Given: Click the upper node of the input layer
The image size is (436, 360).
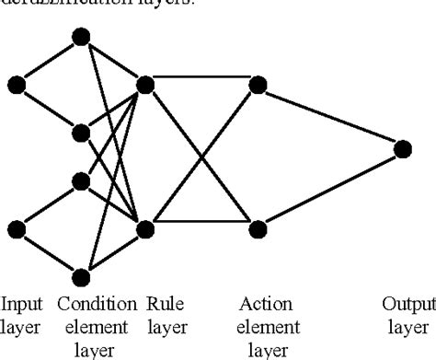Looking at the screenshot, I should click(17, 85).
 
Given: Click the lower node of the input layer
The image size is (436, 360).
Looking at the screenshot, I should click(17, 228).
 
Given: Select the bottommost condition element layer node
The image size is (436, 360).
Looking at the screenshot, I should click(81, 275).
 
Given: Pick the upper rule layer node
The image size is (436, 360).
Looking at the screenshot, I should click(144, 85).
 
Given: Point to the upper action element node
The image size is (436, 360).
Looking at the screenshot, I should click(258, 85).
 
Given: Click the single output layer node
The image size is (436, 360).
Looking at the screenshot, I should click(402, 147).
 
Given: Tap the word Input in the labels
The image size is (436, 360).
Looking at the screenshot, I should click(21, 304).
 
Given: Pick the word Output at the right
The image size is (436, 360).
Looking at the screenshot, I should click(409, 304).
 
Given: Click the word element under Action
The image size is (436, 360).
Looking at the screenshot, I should click(267, 327).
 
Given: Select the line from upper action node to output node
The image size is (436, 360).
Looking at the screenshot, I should click(330, 116).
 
